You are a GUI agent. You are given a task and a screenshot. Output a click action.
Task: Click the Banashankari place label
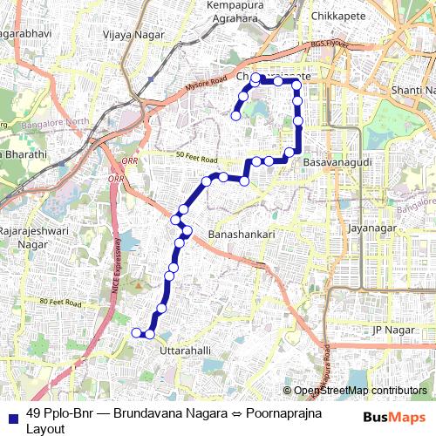coord(242,235)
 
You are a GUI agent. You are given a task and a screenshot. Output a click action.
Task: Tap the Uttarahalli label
coord(187,350)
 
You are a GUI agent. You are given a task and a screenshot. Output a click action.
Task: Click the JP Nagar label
coord(390,330)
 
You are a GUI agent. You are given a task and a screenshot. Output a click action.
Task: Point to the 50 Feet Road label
coord(195,159)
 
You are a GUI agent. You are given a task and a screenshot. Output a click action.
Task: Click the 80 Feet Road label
coord(60,303)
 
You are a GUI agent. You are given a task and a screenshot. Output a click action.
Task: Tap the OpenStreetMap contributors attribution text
coord(360,391)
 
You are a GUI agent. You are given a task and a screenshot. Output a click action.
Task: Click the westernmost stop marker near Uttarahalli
coord(135,333)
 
